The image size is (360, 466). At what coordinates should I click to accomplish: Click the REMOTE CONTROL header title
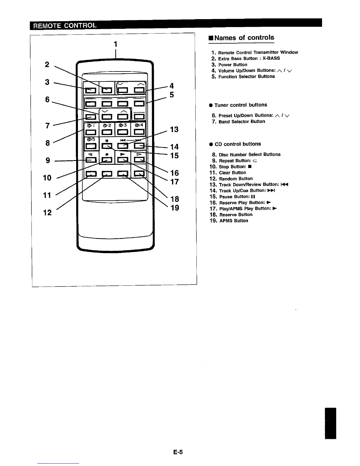64,25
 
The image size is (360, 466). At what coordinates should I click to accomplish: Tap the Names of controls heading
244,38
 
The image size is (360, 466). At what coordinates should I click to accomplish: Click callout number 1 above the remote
116,44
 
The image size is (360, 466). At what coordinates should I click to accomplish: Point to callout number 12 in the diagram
47,212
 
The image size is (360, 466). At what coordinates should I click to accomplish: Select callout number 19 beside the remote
175,208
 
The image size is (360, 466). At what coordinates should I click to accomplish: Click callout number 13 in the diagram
174,129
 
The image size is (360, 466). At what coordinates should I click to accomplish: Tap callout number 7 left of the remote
47,126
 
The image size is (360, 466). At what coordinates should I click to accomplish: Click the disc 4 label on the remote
139,125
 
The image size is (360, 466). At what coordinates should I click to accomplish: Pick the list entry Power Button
233,65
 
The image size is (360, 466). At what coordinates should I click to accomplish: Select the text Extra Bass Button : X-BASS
249,59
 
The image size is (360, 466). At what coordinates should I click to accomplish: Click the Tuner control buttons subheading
241,105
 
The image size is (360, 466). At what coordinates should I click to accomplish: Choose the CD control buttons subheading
238,144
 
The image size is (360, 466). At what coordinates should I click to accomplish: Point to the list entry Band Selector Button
242,122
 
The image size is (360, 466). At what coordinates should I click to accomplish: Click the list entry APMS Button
234,221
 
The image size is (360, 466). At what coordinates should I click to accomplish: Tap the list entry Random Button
236,179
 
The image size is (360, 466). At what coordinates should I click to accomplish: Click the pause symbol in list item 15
253,197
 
